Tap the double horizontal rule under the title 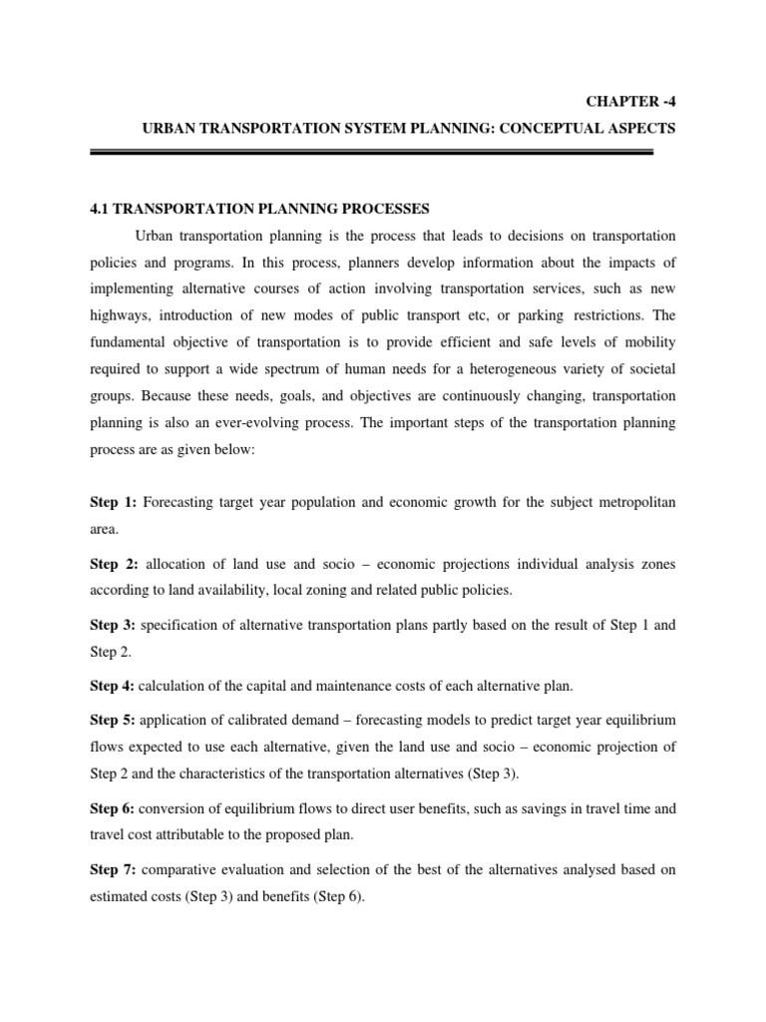[371, 152]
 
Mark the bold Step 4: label [113, 686]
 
